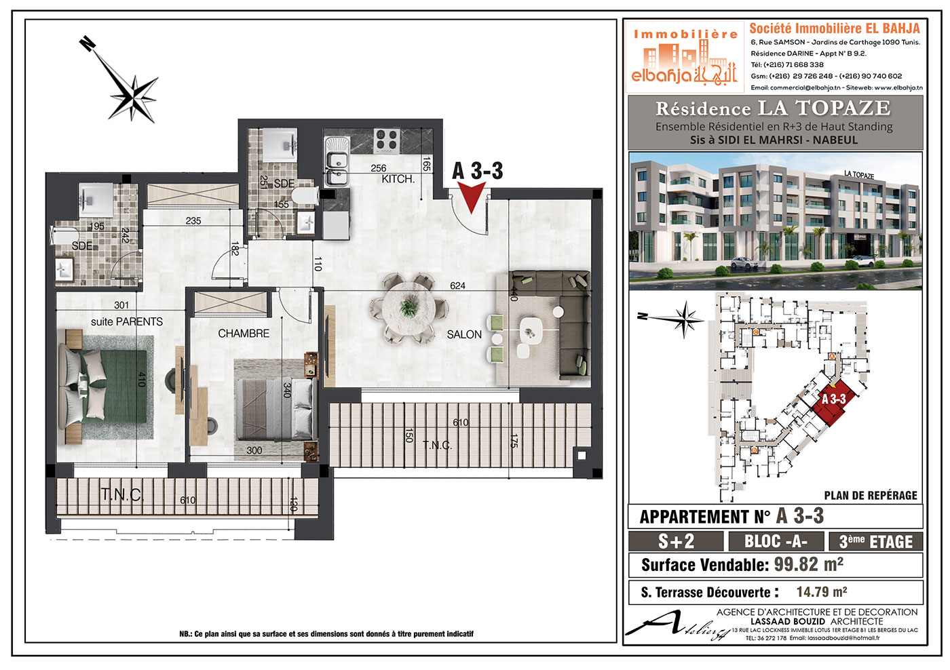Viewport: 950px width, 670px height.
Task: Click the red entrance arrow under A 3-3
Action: (471, 198)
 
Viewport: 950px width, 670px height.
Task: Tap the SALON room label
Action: (464, 334)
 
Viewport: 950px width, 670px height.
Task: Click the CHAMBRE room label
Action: (244, 334)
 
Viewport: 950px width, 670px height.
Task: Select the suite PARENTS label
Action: (127, 321)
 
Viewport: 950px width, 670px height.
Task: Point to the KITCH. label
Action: (398, 179)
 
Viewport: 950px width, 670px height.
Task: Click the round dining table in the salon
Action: (408, 308)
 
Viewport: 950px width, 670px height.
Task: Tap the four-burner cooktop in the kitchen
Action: (387, 140)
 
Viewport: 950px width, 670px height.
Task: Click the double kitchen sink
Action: (337, 161)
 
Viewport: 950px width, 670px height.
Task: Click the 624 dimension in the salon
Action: (457, 285)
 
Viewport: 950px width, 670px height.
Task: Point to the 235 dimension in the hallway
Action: (193, 221)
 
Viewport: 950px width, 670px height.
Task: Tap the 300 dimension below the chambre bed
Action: (254, 450)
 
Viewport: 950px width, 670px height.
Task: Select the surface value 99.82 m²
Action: (808, 564)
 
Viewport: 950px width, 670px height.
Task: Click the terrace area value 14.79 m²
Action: (822, 591)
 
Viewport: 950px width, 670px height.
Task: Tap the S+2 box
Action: (676, 541)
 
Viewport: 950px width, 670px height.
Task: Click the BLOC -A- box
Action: (776, 541)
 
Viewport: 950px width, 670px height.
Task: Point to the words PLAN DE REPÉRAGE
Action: (870, 496)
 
